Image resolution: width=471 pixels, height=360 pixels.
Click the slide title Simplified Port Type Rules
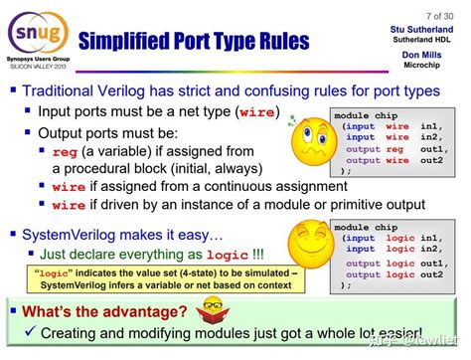tap(194, 43)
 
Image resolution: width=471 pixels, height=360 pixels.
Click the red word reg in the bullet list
tap(67, 150)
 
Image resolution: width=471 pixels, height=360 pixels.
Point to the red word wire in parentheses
tap(245, 113)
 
